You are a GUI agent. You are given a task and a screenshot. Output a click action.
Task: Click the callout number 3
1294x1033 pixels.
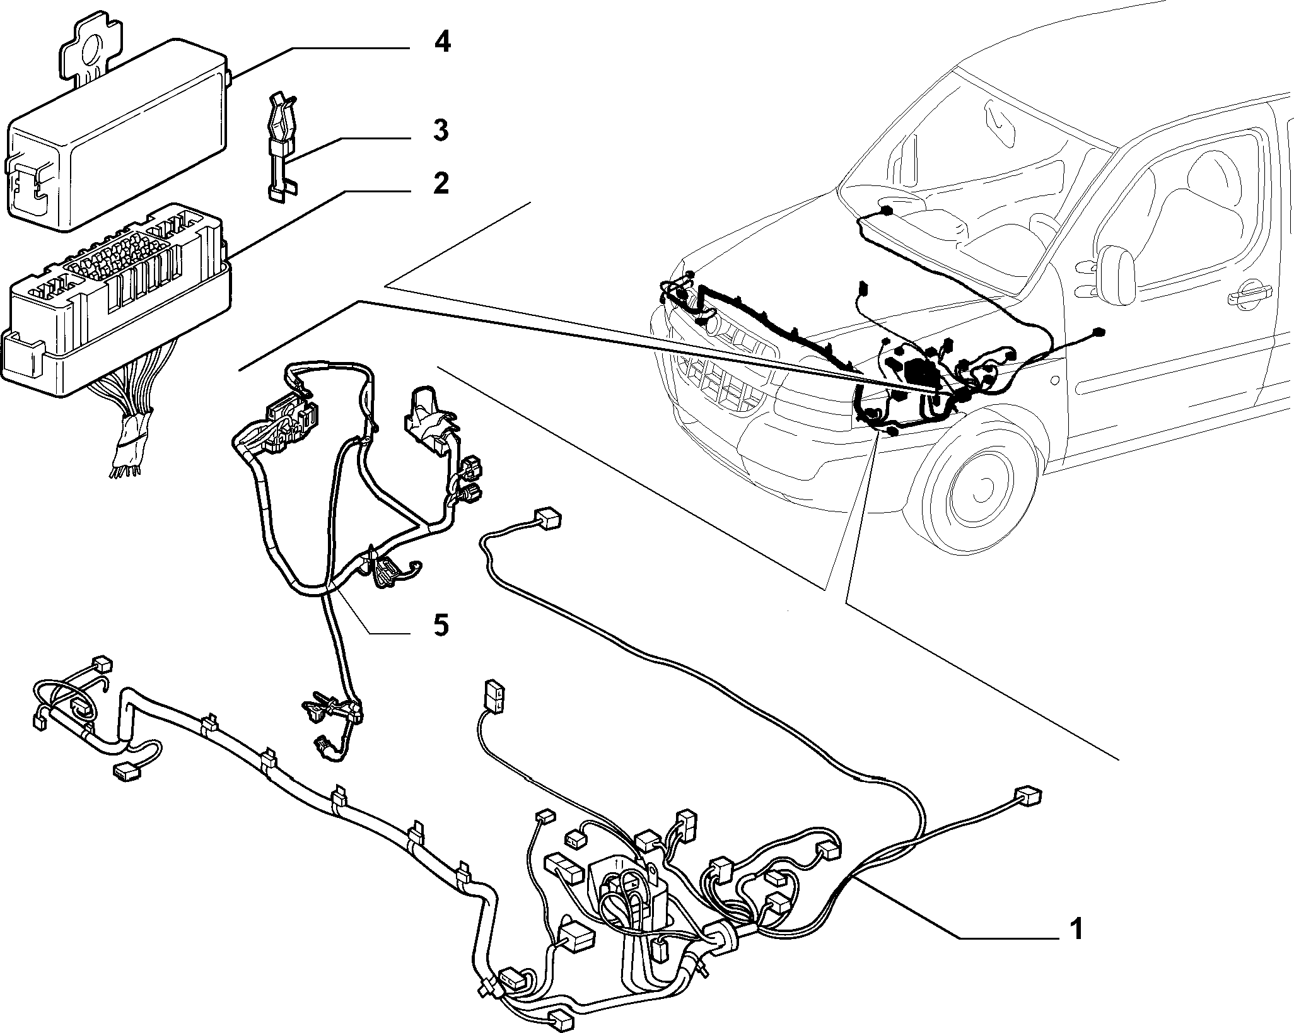pos(441,131)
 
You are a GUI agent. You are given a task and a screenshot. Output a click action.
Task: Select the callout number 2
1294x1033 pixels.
pos(441,184)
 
